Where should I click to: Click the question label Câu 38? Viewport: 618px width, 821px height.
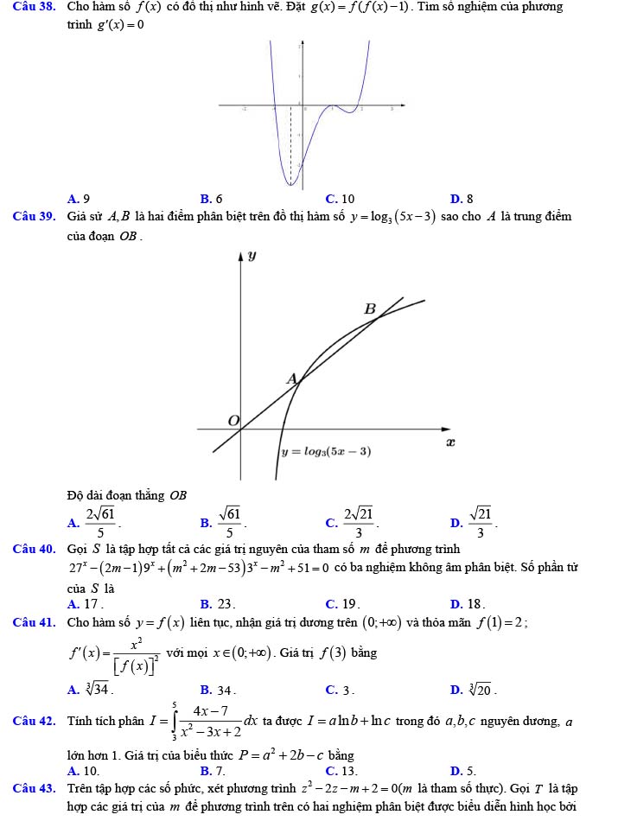pyautogui.click(x=28, y=7)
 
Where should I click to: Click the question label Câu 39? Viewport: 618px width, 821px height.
pyautogui.click(x=28, y=216)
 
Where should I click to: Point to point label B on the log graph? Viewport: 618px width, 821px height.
pyautogui.click(x=370, y=309)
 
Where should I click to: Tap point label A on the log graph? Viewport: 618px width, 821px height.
pyautogui.click(x=291, y=379)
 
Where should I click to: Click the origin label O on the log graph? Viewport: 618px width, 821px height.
pyautogui.click(x=233, y=419)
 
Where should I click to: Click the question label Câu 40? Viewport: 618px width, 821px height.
pyautogui.click(x=28, y=549)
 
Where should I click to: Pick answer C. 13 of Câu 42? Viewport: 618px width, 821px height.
pyautogui.click(x=341, y=769)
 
